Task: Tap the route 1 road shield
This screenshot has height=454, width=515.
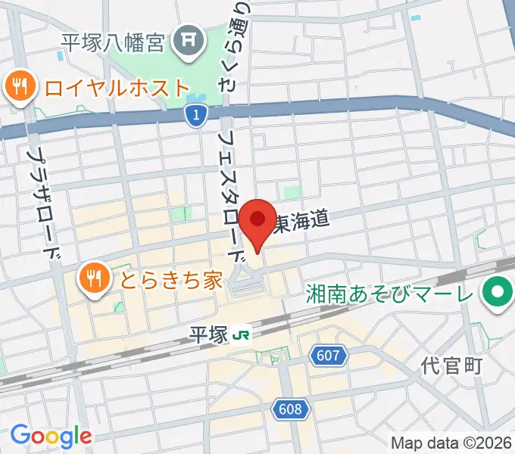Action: tap(195, 115)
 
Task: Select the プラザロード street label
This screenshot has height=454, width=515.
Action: tap(43, 201)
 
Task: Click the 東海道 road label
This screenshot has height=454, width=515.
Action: tap(301, 221)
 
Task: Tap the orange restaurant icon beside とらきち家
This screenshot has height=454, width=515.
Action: tap(93, 280)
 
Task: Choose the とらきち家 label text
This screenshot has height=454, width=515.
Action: tap(168, 281)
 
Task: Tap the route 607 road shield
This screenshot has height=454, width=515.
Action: tap(328, 354)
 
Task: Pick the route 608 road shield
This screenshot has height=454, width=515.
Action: tap(291, 410)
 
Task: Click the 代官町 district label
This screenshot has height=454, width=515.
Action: tap(452, 367)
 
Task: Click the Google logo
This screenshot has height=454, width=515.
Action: tap(51, 436)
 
